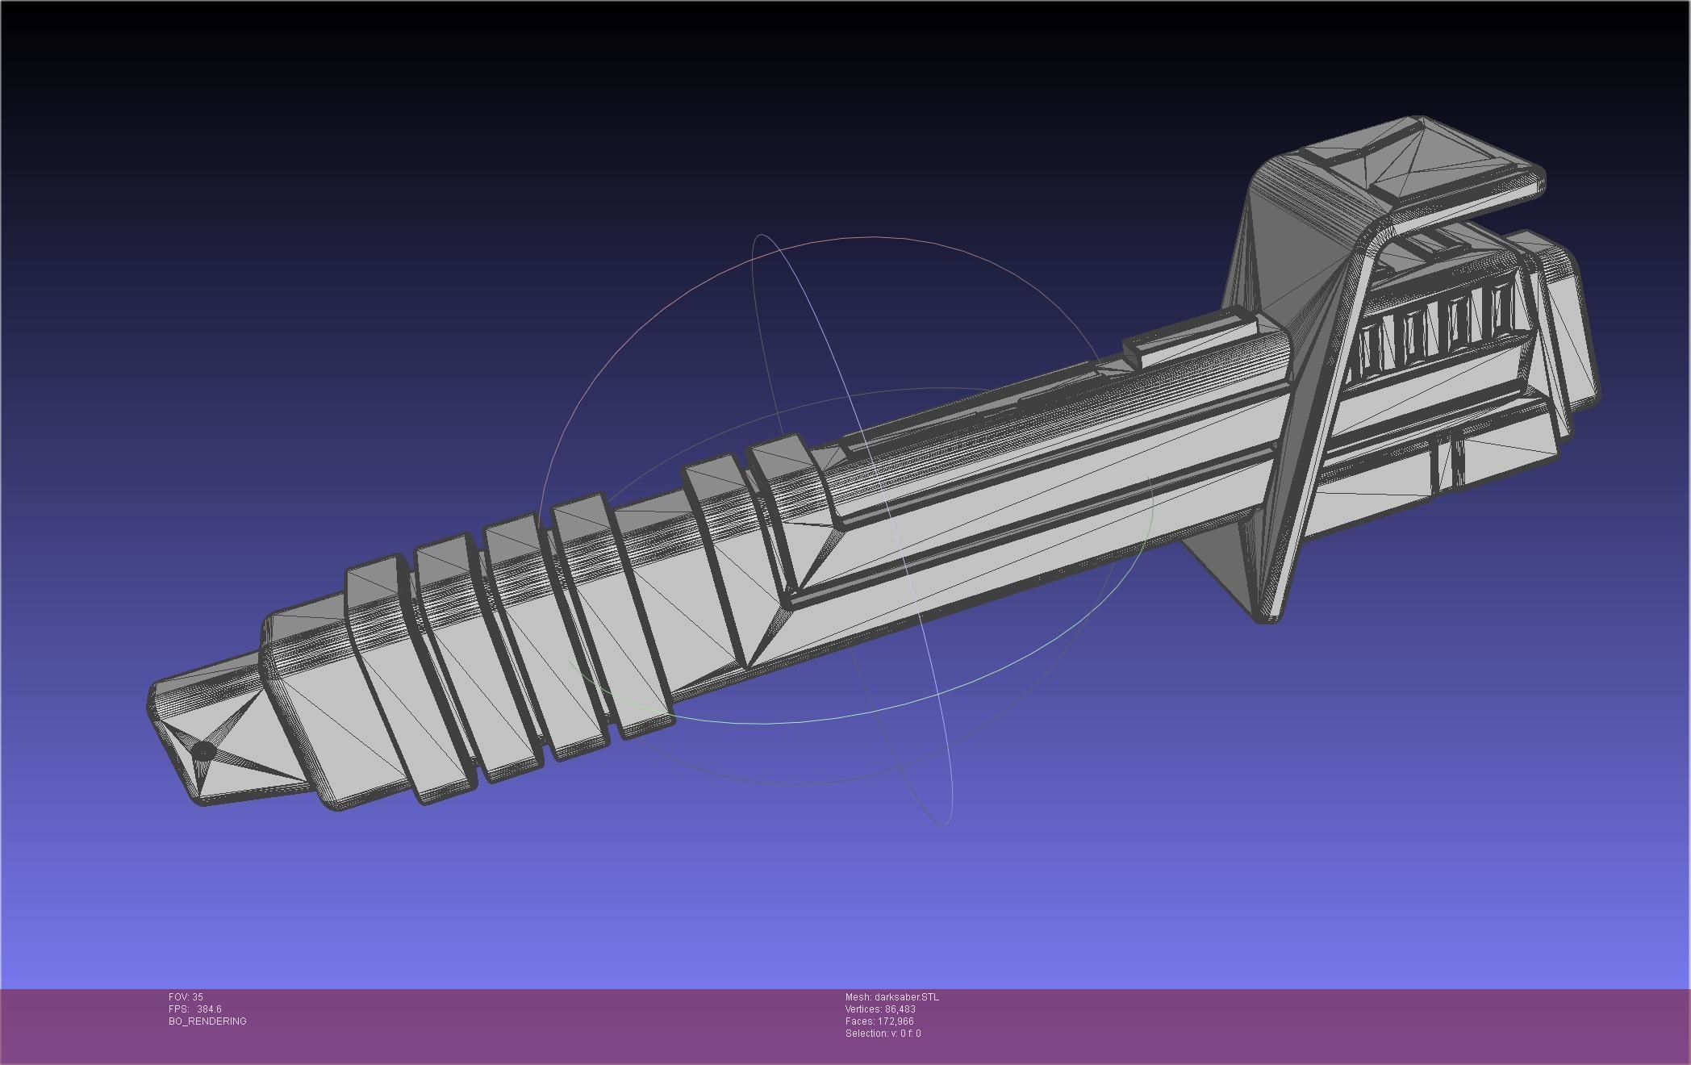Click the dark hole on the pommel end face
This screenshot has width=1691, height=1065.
203,752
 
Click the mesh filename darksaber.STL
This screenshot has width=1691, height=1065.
891,997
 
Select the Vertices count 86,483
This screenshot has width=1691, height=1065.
880,1009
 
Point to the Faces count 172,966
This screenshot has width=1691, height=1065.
879,1021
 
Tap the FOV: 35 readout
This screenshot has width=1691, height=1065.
186,997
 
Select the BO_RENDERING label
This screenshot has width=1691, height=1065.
207,1021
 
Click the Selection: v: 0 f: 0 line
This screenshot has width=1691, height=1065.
883,1034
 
